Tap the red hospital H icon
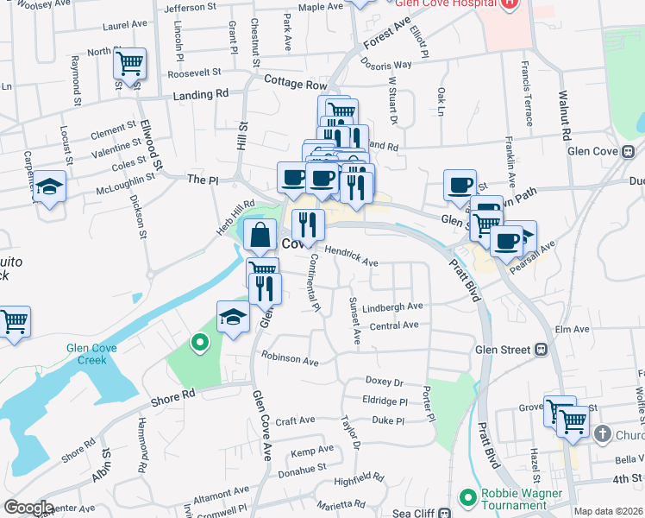click(x=509, y=3)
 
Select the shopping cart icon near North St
click(x=129, y=62)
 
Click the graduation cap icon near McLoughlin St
click(x=50, y=187)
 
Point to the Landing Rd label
click(x=200, y=94)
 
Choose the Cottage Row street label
click(x=296, y=85)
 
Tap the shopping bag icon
click(x=260, y=234)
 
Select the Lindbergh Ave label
click(x=392, y=306)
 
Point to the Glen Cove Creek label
click(x=104, y=354)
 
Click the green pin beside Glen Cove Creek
click(x=200, y=344)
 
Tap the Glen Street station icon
click(x=542, y=350)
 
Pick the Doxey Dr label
click(x=385, y=381)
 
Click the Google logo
click(x=28, y=508)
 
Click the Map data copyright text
click(x=608, y=511)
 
